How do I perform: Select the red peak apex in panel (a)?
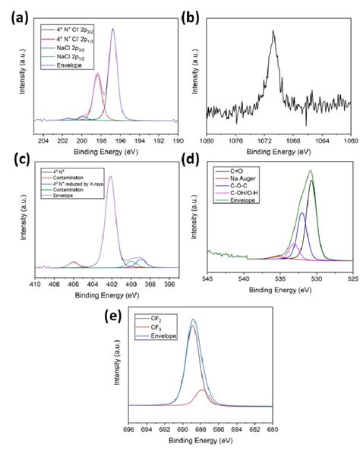click(x=97, y=74)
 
